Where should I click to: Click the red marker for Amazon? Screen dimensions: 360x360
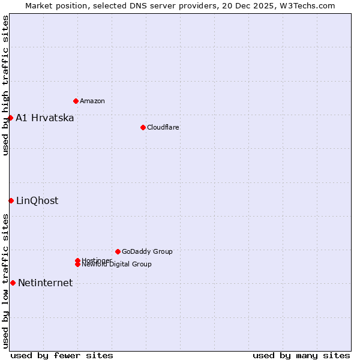click(76, 101)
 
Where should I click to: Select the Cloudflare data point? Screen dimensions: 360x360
click(143, 127)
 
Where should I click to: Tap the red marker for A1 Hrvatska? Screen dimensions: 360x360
click(10, 118)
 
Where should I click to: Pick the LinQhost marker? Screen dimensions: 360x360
click(11, 200)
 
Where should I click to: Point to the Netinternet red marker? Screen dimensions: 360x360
click(13, 283)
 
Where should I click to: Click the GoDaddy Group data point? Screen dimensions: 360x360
click(118, 251)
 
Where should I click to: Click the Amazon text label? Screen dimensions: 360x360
click(92, 101)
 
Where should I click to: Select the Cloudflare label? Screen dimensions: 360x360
click(163, 127)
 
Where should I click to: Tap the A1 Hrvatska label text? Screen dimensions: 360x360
click(45, 118)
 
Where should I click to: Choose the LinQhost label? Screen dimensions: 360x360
click(37, 200)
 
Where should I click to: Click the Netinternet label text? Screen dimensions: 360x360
click(46, 283)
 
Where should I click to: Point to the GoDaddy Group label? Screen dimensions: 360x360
click(147, 251)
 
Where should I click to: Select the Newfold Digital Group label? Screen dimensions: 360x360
click(117, 265)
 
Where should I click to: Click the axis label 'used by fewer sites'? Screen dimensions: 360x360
click(62, 355)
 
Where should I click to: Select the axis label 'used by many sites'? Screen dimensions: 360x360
click(301, 355)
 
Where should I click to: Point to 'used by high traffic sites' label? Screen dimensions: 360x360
click(5, 85)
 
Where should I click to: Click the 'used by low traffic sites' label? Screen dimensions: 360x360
click(5, 280)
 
